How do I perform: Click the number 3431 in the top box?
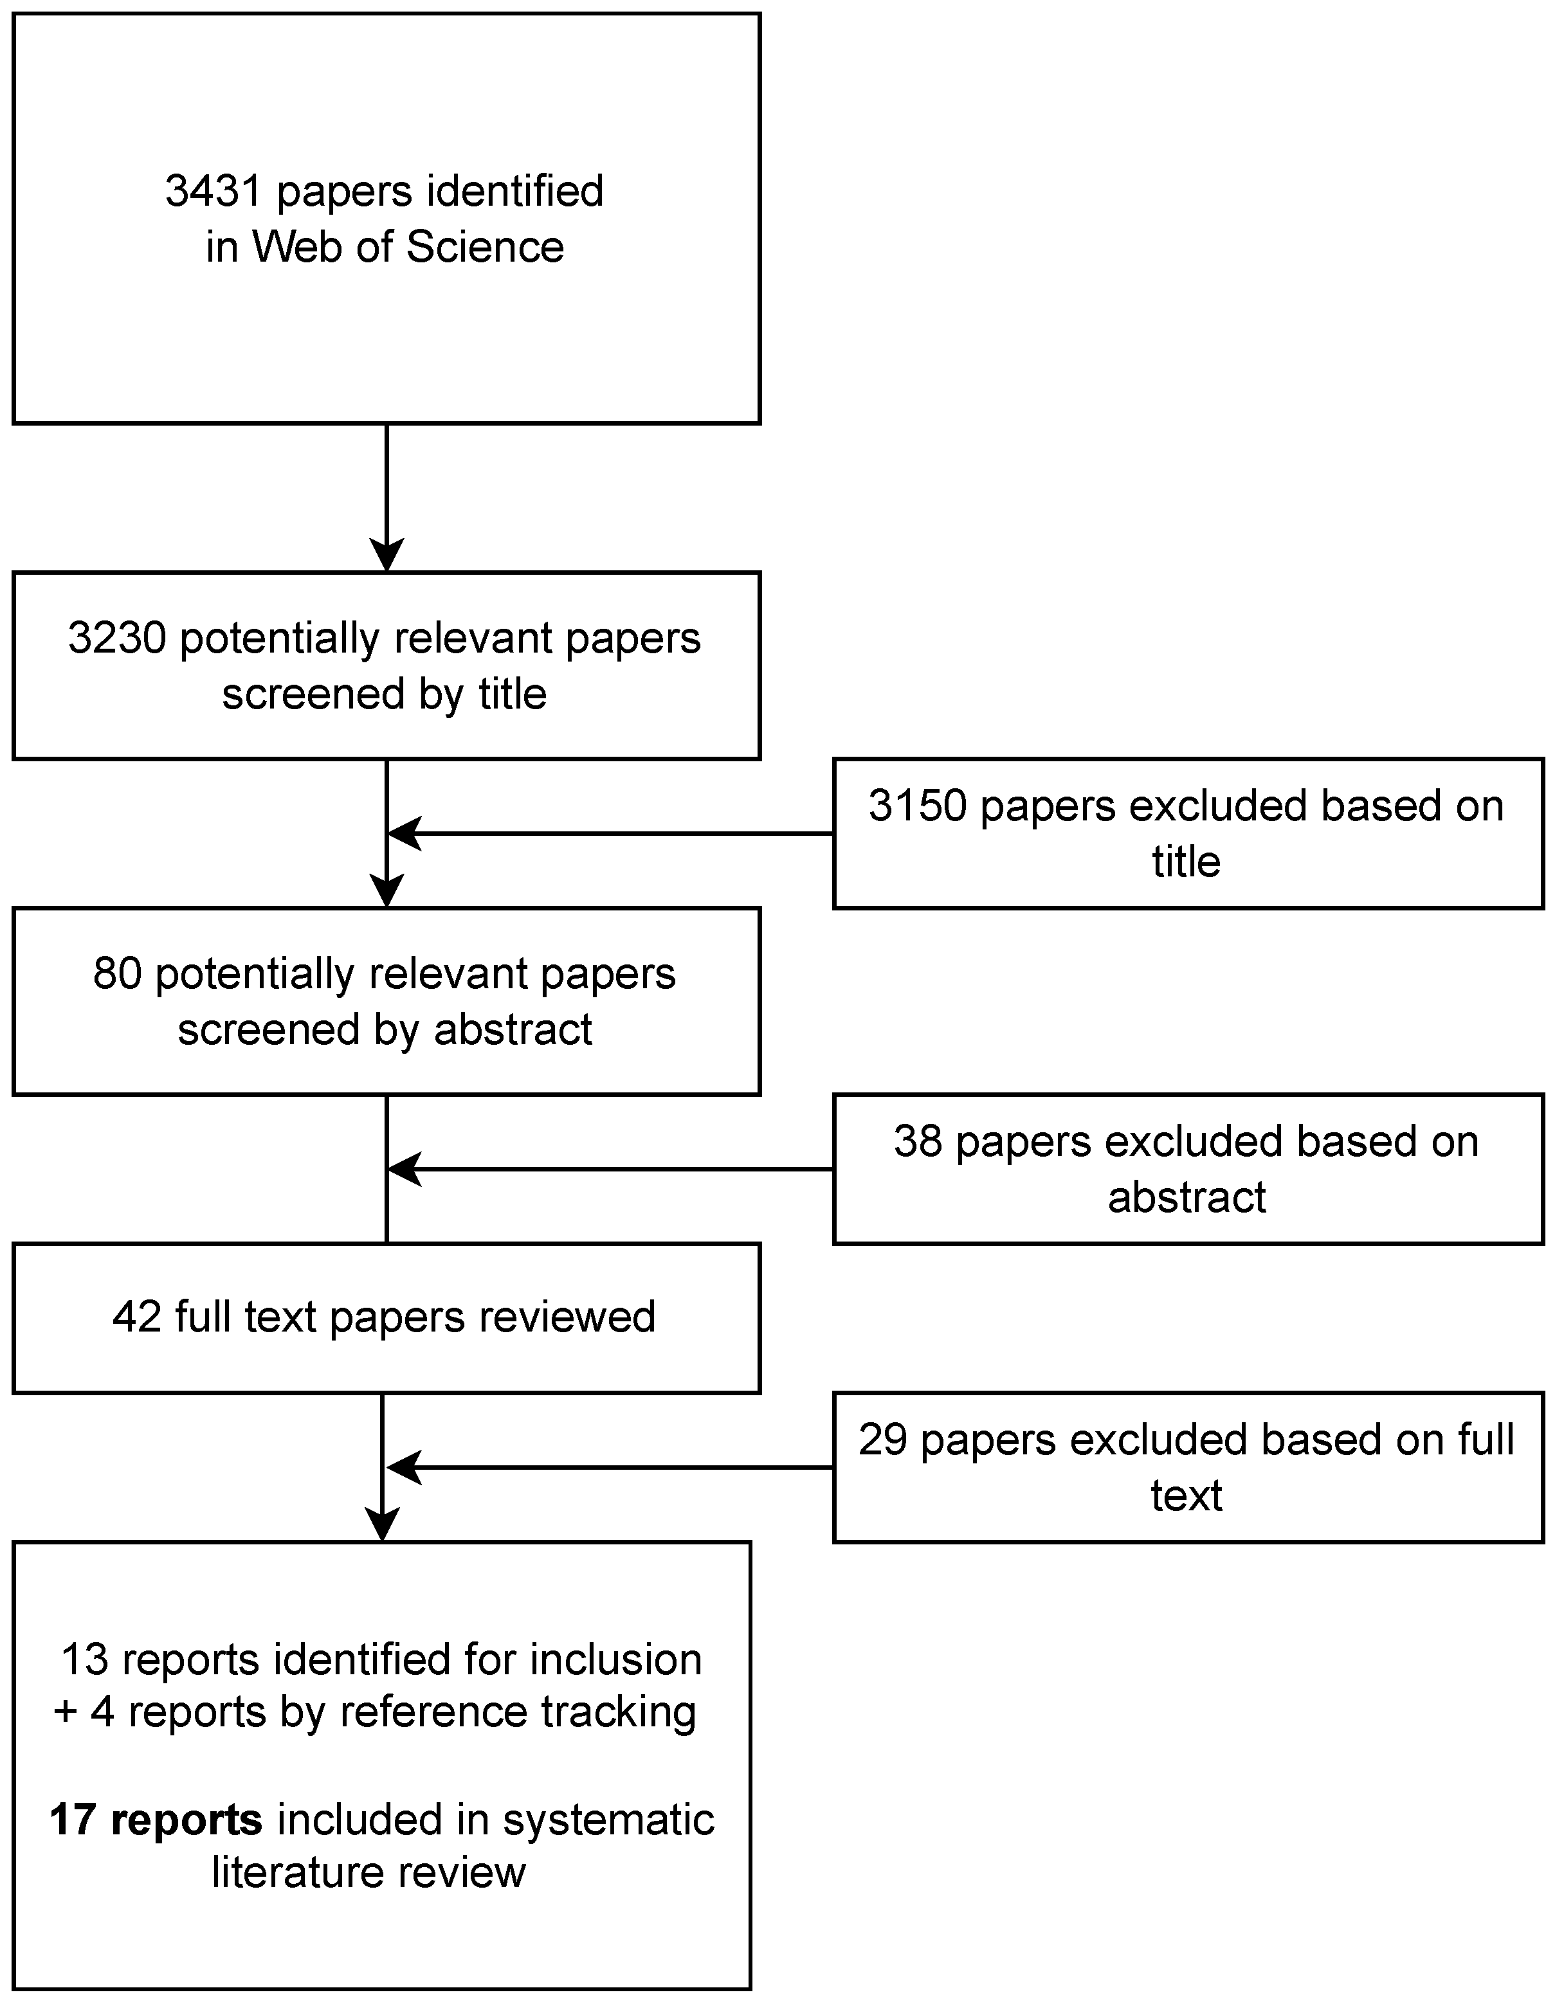tap(214, 191)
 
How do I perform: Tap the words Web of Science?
tap(408, 247)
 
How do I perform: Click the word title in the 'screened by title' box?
tap(512, 694)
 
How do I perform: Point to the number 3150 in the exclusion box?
tap(918, 806)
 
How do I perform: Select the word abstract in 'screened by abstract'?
tap(513, 1029)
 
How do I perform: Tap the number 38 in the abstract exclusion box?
tap(918, 1142)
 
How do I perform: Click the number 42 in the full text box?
tap(137, 1317)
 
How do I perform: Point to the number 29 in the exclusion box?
tap(883, 1440)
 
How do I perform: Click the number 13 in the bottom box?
tap(84, 1659)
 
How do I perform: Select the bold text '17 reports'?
tap(155, 1820)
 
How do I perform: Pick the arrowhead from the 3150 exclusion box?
tap(403, 833)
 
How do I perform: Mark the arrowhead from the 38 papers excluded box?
tap(403, 1170)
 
